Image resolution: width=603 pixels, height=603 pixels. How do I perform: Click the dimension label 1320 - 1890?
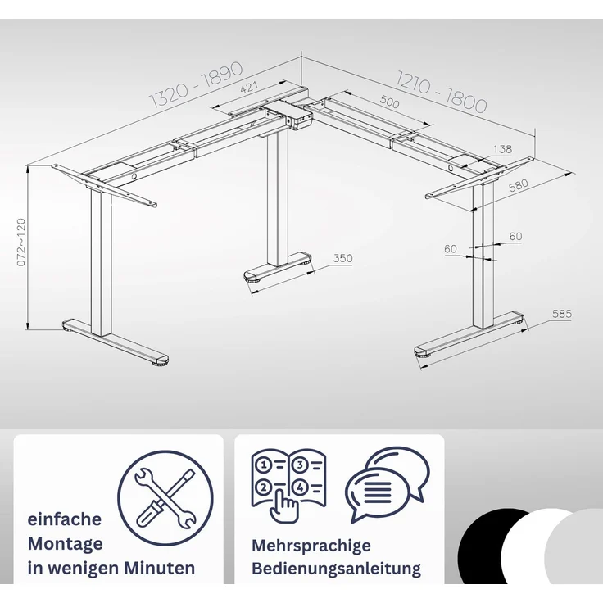coord(196,84)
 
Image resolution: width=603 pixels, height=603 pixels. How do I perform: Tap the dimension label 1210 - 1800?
coord(442,92)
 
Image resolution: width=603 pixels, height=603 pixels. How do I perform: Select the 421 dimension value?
coord(249,88)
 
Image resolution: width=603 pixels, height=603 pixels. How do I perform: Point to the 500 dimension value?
coord(389,102)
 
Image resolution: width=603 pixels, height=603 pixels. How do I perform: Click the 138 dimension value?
coord(502,149)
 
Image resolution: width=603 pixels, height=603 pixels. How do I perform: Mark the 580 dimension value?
coord(518,186)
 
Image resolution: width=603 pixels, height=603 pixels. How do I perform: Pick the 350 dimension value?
coord(342,258)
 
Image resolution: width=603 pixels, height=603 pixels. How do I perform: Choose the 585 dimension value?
coord(562,314)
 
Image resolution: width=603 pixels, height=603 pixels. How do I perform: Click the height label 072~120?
coord(21,242)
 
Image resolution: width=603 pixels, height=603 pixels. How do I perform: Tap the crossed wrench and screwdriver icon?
coord(165,497)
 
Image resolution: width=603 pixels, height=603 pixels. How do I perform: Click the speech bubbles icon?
coord(388,483)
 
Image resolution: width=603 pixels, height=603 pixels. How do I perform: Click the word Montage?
coord(65,544)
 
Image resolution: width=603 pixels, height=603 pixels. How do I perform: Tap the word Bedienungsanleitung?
coord(336,569)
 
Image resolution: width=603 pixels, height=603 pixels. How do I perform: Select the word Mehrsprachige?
coord(311,546)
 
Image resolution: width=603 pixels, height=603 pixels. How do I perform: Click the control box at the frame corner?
coord(295,114)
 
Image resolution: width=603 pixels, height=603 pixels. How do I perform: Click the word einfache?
coord(64,519)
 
